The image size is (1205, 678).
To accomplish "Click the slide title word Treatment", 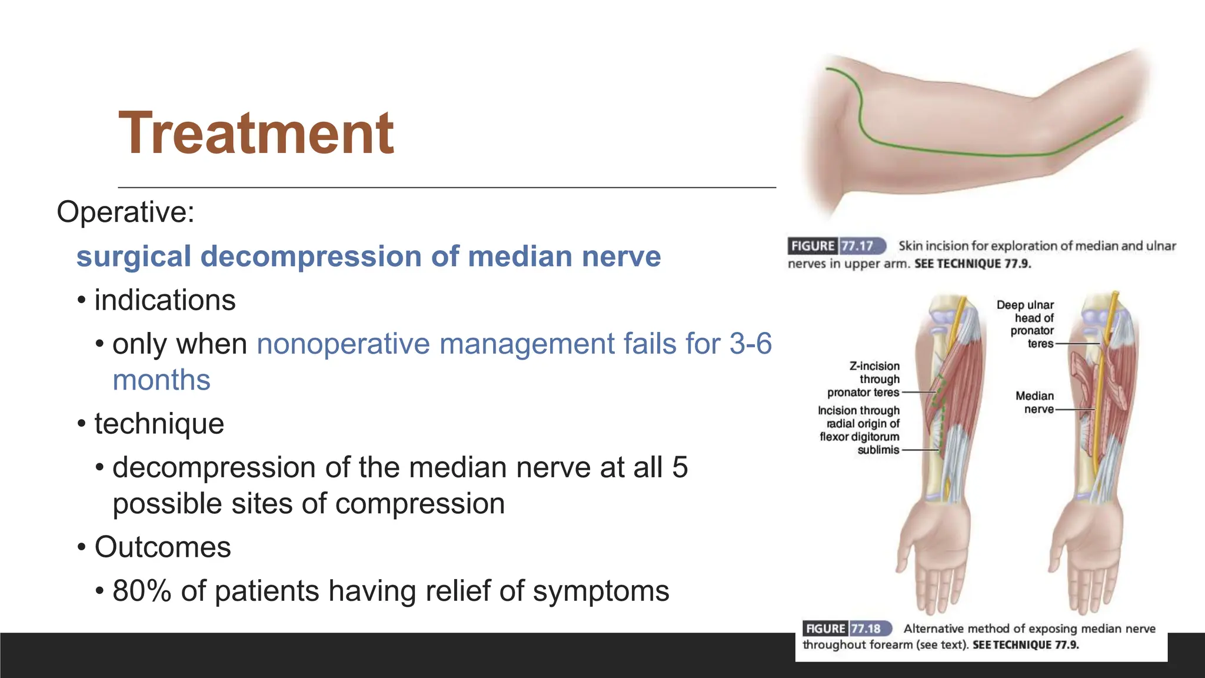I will click(256, 134).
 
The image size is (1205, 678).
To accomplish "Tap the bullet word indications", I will click(165, 300).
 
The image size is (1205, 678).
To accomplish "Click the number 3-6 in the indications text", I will click(750, 344).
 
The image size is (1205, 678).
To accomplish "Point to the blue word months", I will click(161, 380).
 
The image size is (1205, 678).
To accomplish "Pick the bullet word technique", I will click(159, 424).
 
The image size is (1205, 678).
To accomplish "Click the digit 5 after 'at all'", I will click(680, 467).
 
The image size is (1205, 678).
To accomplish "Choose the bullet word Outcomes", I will click(162, 547).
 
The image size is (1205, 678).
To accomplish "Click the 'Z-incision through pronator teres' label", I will click(864, 379).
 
